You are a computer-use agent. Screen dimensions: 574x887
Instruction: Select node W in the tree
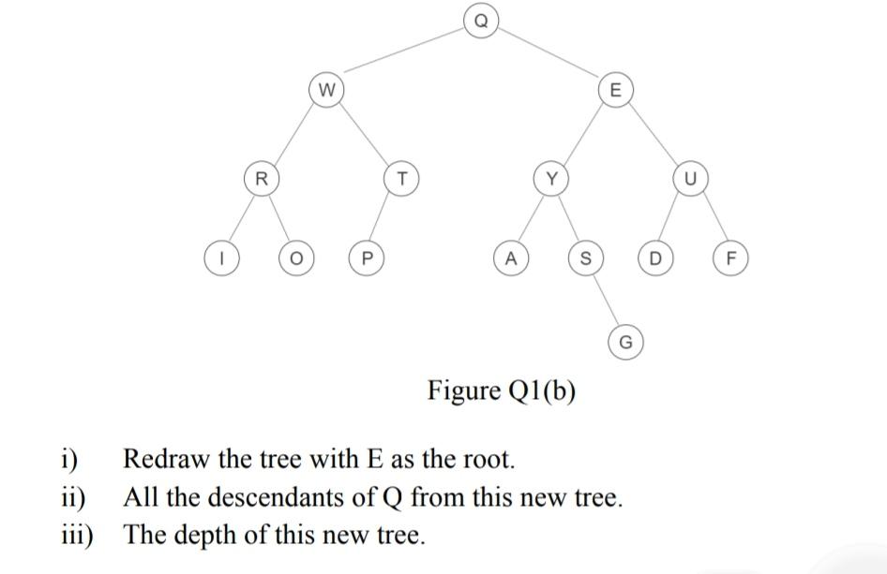[325, 91]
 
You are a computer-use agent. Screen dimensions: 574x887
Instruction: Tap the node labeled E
[614, 91]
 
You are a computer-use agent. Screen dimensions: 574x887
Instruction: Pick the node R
[262, 178]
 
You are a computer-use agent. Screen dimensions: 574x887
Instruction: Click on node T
[401, 178]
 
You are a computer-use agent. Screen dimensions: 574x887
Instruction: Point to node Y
[551, 178]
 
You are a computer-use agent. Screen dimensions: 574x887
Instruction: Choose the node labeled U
[690, 178]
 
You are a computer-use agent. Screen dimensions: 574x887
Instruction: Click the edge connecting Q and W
[403, 55]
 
